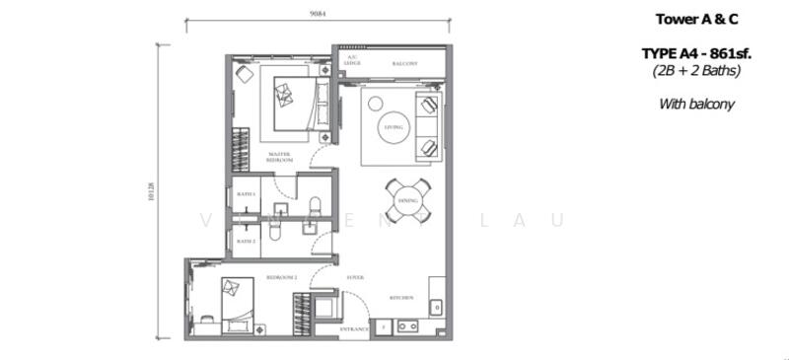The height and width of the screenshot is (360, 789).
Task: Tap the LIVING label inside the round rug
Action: (392, 127)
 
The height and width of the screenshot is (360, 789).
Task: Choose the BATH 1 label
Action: (246, 194)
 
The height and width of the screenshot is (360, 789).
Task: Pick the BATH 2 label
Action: (246, 241)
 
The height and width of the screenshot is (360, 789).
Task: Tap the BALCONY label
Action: (404, 64)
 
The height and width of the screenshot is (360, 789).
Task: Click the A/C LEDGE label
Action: (351, 61)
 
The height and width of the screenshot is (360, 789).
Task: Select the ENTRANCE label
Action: (353, 328)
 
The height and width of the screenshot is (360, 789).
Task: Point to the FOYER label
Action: (355, 278)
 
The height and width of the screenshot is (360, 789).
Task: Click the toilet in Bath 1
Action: (315, 206)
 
